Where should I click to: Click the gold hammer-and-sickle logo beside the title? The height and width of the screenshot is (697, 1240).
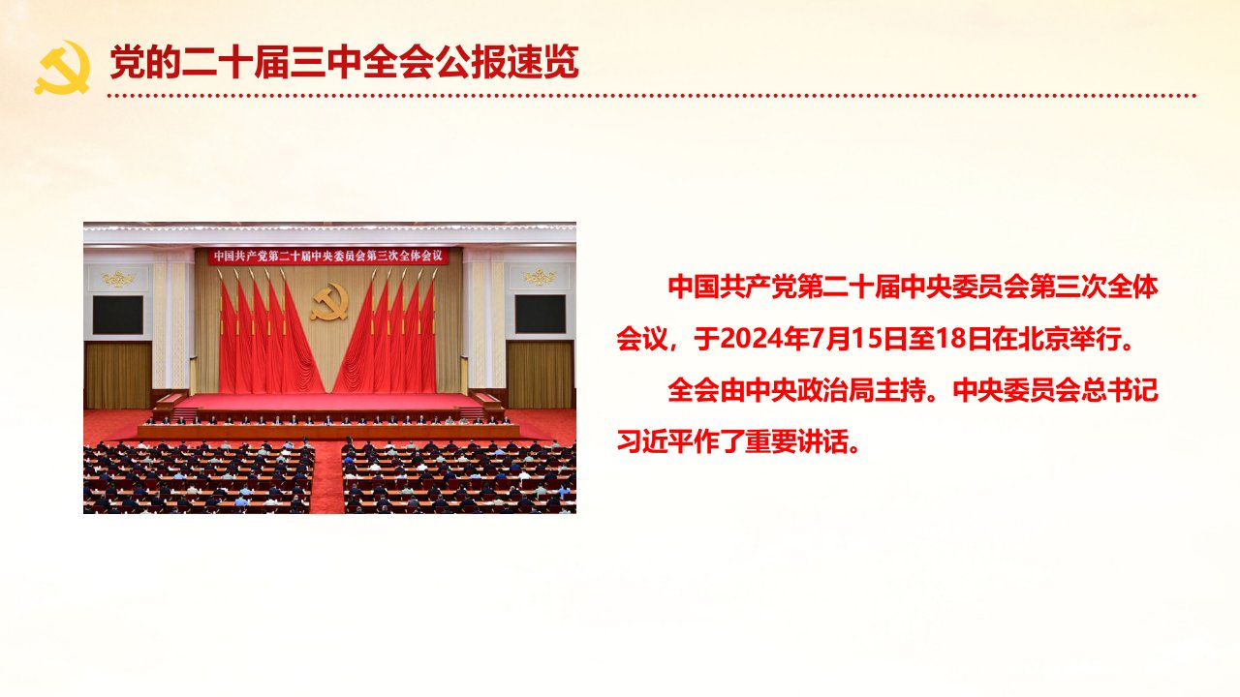62,68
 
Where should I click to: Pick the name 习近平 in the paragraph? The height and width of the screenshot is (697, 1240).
655,441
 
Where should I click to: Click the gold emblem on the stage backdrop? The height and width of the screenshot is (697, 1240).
329,301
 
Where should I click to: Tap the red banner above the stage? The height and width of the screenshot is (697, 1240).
328,257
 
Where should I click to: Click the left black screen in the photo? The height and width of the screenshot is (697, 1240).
118,315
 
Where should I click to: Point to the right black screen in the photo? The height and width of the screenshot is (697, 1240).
541,314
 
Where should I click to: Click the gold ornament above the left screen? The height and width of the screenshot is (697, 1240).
118,278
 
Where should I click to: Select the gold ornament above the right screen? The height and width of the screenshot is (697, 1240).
540,277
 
